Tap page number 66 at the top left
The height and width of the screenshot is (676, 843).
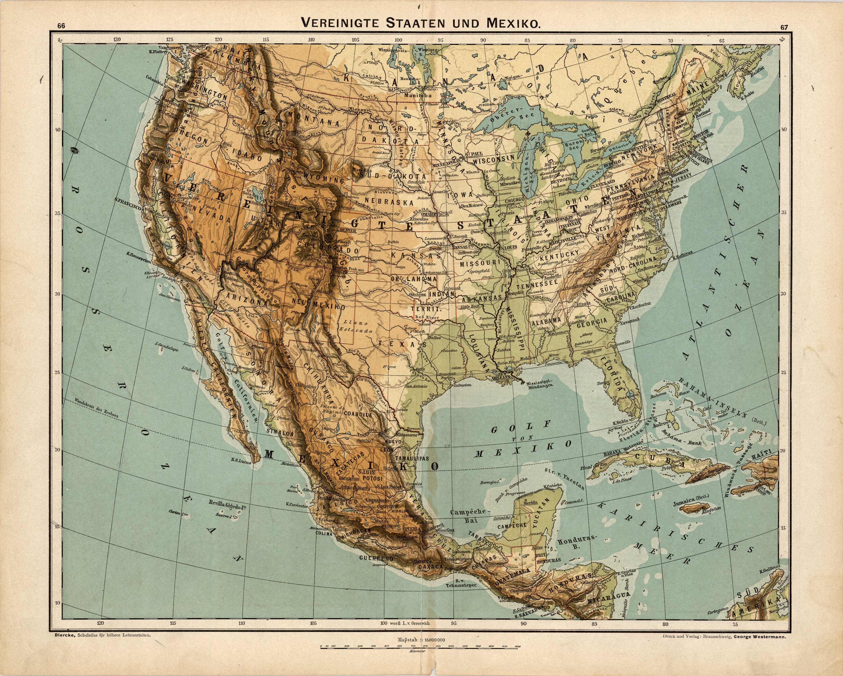pos(61,26)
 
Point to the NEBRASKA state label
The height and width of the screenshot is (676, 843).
pos(389,202)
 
